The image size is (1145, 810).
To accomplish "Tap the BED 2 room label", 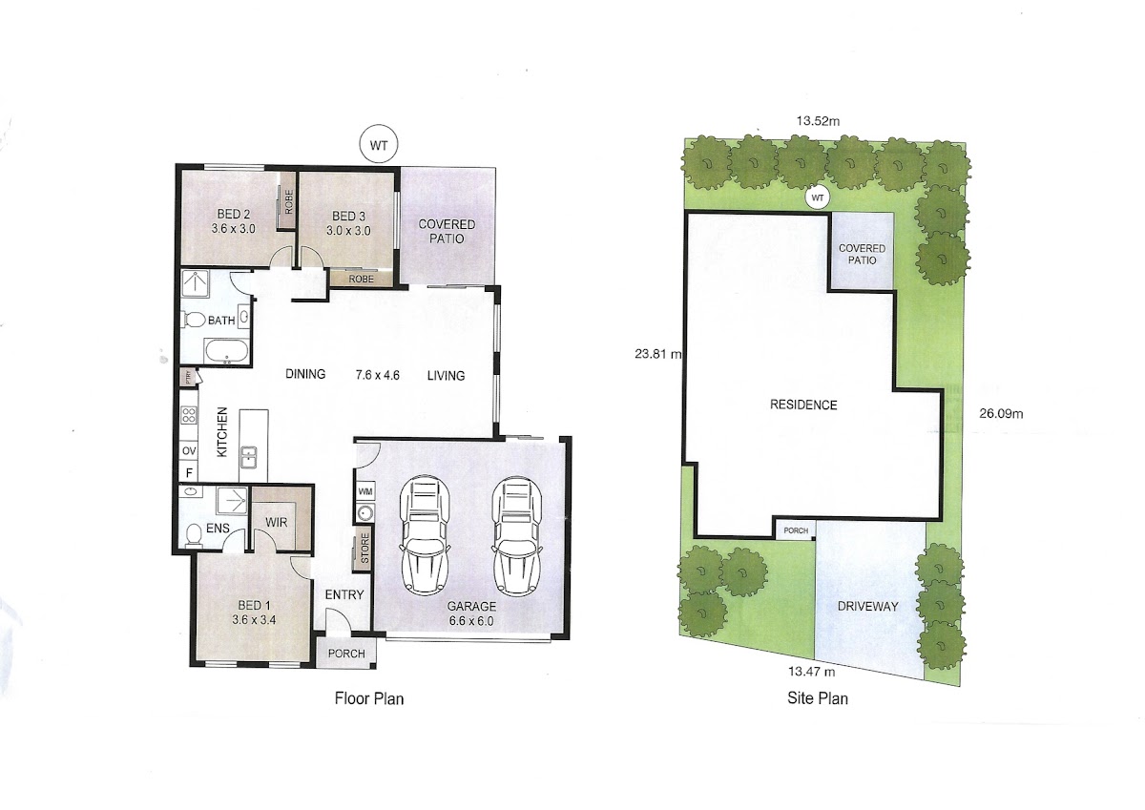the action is click(x=233, y=214).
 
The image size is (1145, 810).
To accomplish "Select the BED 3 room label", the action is click(x=348, y=217).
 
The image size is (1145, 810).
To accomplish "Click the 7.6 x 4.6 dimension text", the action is click(x=377, y=375).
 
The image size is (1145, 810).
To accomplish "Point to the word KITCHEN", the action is click(x=221, y=432).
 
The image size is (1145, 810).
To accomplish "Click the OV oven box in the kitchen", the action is click(x=189, y=450).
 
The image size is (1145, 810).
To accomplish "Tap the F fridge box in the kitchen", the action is click(x=189, y=472).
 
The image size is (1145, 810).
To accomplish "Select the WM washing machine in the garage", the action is click(x=364, y=491).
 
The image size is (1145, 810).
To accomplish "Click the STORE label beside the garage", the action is click(x=364, y=549).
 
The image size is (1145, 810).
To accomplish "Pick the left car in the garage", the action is click(x=424, y=535).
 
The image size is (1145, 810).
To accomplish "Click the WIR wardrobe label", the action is click(x=277, y=522).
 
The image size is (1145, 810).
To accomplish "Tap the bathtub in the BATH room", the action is click(x=226, y=351).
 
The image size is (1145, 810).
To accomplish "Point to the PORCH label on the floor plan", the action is click(x=346, y=654).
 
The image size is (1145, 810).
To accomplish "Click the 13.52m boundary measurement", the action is click(x=818, y=121).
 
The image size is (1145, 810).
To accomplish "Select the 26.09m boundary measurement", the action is click(x=1001, y=414).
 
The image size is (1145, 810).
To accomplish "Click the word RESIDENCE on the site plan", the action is click(x=803, y=405).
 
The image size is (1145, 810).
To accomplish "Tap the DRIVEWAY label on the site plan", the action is click(x=868, y=607).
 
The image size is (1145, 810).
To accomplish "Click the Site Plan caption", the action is click(x=818, y=698).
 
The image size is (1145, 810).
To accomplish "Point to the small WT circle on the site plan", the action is click(x=818, y=197).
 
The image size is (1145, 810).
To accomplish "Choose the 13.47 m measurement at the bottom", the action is click(x=812, y=672).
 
